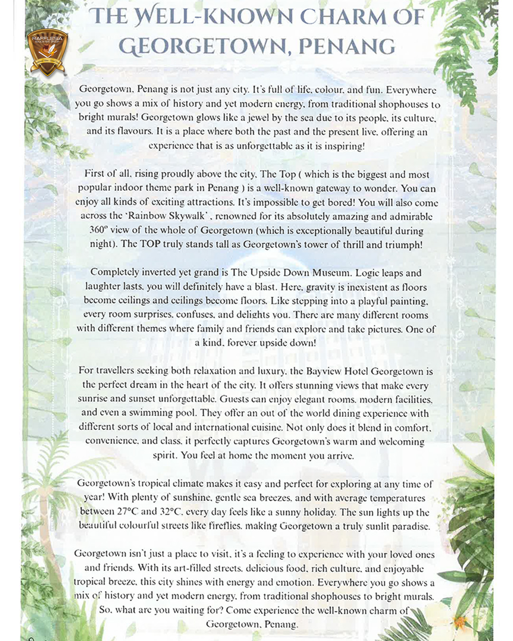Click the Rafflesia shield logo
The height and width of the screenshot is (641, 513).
tap(47, 52)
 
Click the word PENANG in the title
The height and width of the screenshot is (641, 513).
tap(347, 47)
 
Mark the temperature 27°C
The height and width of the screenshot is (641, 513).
tap(127, 511)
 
